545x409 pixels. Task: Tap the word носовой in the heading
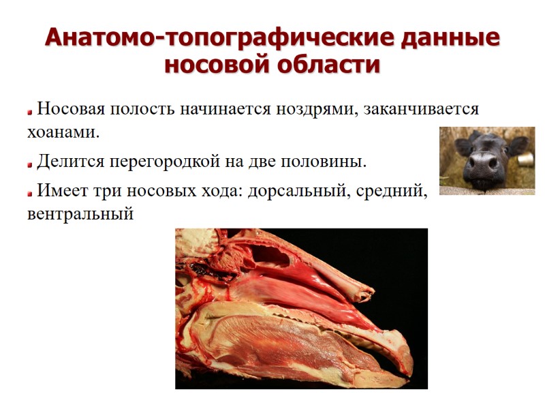[x=218, y=66]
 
